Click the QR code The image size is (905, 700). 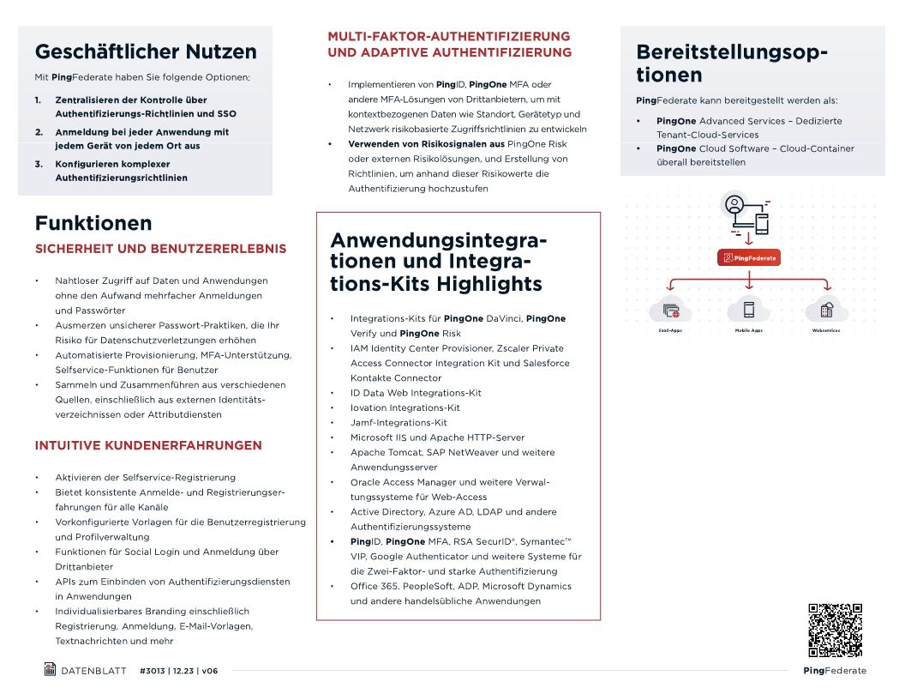pos(835,631)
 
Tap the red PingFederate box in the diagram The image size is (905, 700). pos(750,257)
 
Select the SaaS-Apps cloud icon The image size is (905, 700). pos(671,310)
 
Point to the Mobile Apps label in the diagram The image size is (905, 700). pos(748,330)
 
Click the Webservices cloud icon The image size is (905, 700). pos(826,310)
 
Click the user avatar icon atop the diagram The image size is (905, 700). pos(734,206)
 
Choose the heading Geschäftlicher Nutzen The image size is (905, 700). pos(146,51)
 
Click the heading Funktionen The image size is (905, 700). pos(93,223)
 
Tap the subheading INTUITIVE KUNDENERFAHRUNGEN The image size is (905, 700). pos(148,445)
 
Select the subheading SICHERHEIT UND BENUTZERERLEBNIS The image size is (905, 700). pos(160,249)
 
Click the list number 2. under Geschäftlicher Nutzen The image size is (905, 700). pos(39,132)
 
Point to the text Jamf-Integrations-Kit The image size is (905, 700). pos(399,423)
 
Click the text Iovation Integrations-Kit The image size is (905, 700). pos(405,407)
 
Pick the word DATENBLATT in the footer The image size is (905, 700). pos(93,671)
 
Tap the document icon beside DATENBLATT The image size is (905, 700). pos(50,669)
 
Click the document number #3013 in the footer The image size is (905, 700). pos(153,671)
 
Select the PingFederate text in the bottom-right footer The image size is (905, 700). pos(835,671)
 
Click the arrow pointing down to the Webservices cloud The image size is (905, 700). pos(825,287)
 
